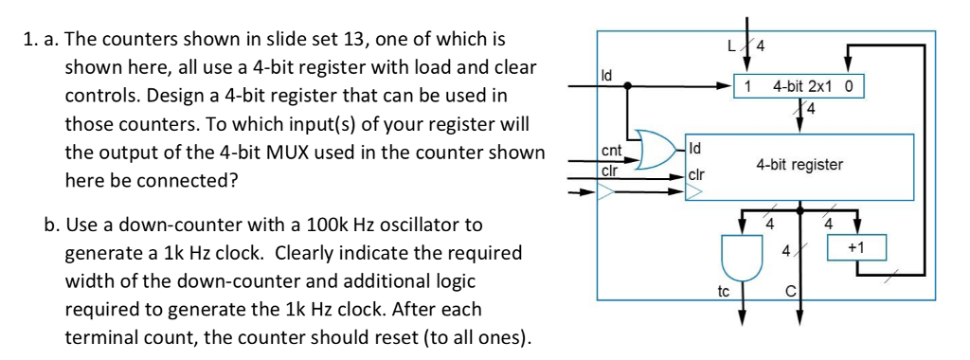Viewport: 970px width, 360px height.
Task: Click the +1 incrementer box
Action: [x=855, y=248]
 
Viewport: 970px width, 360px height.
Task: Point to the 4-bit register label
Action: [x=799, y=164]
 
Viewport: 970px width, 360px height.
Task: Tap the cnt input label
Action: [x=612, y=150]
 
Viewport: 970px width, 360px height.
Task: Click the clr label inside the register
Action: [x=696, y=176]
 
